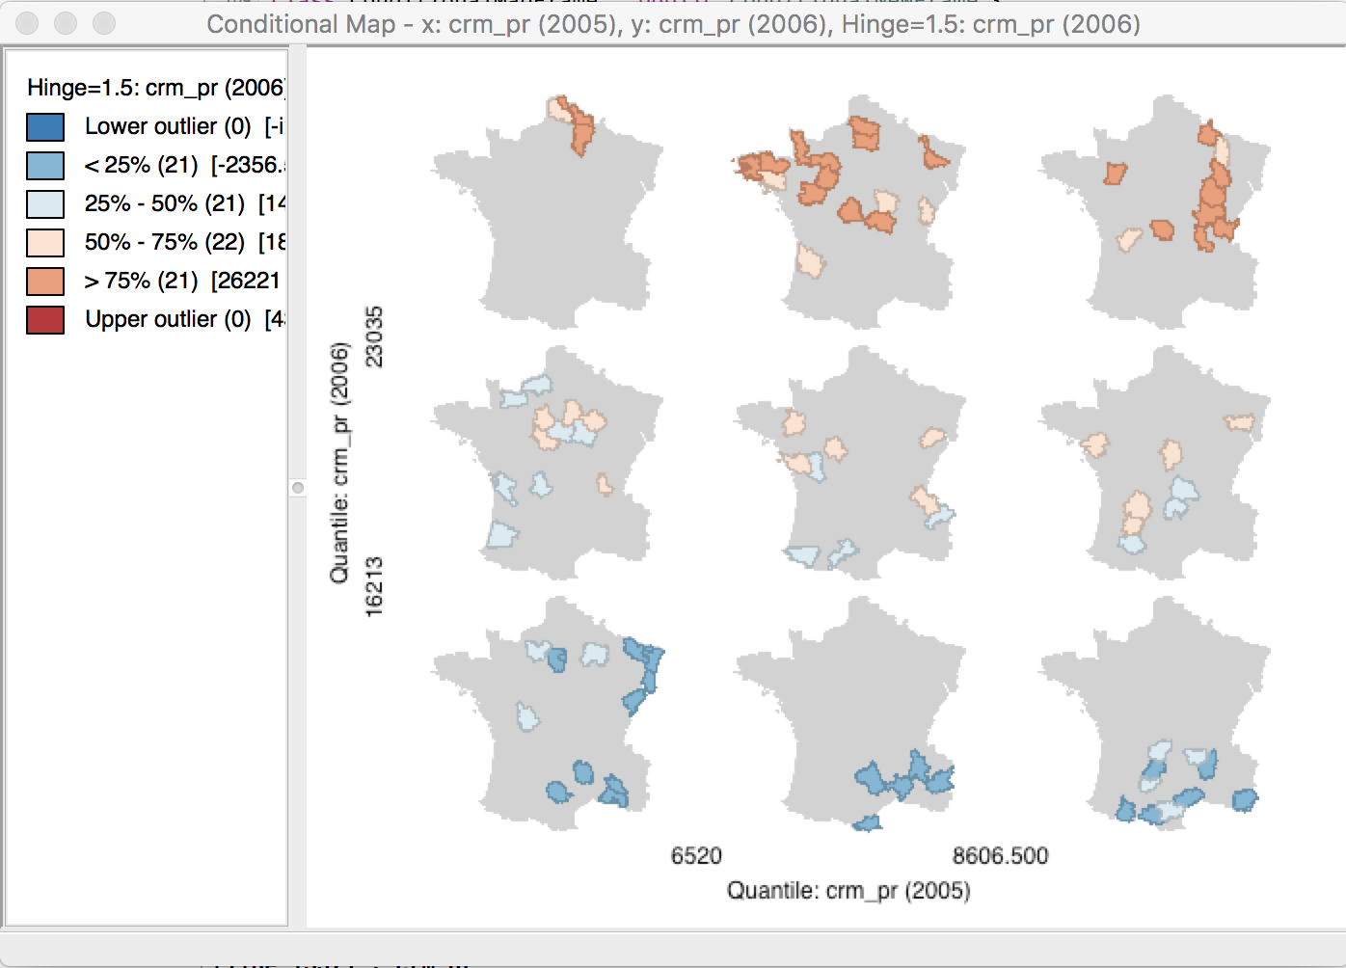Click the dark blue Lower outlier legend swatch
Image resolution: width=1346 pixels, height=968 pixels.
(45, 127)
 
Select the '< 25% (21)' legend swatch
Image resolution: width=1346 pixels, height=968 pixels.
(45, 166)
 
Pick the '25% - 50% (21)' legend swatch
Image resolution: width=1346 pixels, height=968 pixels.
(45, 204)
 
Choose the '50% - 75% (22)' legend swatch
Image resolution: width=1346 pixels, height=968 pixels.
(45, 243)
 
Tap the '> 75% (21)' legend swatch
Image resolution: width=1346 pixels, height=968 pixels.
(45, 282)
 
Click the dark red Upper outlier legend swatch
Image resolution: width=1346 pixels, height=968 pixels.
(45, 320)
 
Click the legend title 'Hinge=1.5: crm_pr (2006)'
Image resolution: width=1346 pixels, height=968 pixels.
(155, 88)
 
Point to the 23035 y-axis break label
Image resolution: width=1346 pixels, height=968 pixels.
(374, 336)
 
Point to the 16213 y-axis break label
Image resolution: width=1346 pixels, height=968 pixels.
(374, 586)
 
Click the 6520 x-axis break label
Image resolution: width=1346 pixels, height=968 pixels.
(696, 856)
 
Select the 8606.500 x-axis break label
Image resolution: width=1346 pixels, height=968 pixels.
(1000, 856)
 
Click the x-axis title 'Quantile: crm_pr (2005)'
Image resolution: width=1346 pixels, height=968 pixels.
(848, 891)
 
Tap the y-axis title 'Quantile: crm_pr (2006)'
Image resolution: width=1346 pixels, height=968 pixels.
(339, 463)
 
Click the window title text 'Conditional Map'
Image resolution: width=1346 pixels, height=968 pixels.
(301, 24)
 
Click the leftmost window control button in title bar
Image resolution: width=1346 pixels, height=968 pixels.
(27, 23)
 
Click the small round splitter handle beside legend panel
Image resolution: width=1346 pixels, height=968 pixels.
(298, 488)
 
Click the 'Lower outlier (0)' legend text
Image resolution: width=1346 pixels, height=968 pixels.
(168, 127)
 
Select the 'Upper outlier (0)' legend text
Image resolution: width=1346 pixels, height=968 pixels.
(168, 320)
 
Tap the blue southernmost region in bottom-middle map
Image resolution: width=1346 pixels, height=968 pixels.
(868, 823)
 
